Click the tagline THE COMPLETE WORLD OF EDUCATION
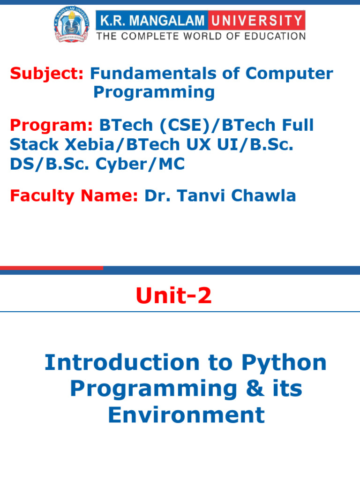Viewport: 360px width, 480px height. point(201,36)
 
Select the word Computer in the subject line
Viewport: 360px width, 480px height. point(289,74)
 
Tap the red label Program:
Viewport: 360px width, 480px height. point(52,126)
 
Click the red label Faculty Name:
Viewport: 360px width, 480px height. point(74,196)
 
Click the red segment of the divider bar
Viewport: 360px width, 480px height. point(52,268)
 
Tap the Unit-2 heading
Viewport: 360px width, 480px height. point(173,296)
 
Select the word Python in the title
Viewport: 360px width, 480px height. point(284,363)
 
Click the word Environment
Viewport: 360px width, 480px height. point(186,415)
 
